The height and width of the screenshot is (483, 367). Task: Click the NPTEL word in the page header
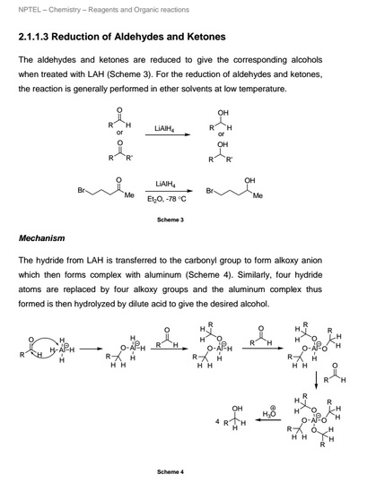pyautogui.click(x=31, y=11)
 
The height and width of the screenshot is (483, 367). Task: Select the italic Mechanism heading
pyautogui.click(x=42, y=238)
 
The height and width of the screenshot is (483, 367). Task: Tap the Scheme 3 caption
pyautogui.click(x=170, y=220)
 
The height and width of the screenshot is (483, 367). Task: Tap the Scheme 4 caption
pyautogui.click(x=170, y=472)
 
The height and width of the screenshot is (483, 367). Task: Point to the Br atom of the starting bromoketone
pyautogui.click(x=83, y=192)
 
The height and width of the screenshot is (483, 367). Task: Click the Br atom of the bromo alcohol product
pyautogui.click(x=212, y=192)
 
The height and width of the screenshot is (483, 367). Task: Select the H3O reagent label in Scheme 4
pyautogui.click(x=267, y=415)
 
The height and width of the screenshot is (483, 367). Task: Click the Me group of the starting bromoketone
pyautogui.click(x=129, y=195)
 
